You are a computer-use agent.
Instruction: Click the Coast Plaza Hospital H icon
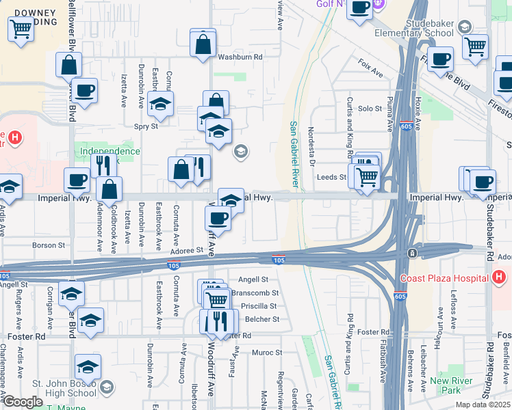tap(499, 277)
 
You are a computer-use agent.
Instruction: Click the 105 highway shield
tap(279, 260)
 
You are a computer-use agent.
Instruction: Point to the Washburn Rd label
tap(240, 57)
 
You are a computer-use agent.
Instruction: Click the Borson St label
tap(49, 245)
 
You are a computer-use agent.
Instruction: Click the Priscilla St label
tap(262, 306)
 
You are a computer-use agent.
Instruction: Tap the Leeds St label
tap(332, 177)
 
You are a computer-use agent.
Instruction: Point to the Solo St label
tap(370, 109)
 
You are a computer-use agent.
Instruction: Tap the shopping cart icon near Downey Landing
tap(21, 28)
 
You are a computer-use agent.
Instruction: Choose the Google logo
tap(23, 402)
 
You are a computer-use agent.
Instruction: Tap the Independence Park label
tap(110, 155)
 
